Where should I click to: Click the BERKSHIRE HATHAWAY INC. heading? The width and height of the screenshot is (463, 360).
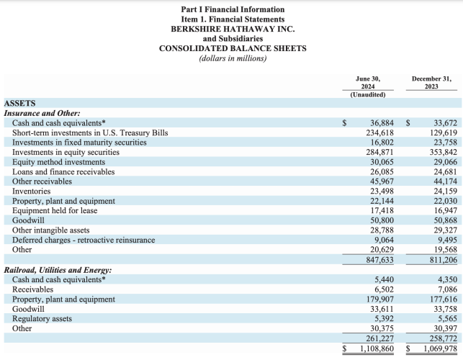point(233,29)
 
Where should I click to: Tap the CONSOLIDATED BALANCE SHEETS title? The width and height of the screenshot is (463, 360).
point(233,48)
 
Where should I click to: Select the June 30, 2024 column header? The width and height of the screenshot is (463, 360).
point(368,83)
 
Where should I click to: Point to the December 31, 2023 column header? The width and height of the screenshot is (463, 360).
point(431,83)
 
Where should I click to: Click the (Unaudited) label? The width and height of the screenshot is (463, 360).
point(368,94)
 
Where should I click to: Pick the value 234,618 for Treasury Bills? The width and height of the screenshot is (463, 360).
point(380,132)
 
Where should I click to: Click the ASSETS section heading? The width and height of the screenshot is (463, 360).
point(19,104)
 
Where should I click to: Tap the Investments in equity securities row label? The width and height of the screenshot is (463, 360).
point(66,152)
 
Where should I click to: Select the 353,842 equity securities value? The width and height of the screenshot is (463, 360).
point(444,152)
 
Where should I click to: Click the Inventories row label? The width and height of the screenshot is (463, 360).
point(31,191)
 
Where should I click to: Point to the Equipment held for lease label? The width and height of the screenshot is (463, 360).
point(55,210)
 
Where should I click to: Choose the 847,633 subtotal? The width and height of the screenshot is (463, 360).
point(380,260)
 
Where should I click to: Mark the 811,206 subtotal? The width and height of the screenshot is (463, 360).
point(444,260)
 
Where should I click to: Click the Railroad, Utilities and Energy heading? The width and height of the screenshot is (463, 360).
point(58,270)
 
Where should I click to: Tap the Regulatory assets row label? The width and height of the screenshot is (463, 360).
point(42,319)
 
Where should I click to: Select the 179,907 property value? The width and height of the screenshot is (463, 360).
point(380,300)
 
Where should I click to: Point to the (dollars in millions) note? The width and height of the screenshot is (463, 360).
point(233,58)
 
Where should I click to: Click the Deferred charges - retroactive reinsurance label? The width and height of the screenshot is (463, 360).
point(84,240)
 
